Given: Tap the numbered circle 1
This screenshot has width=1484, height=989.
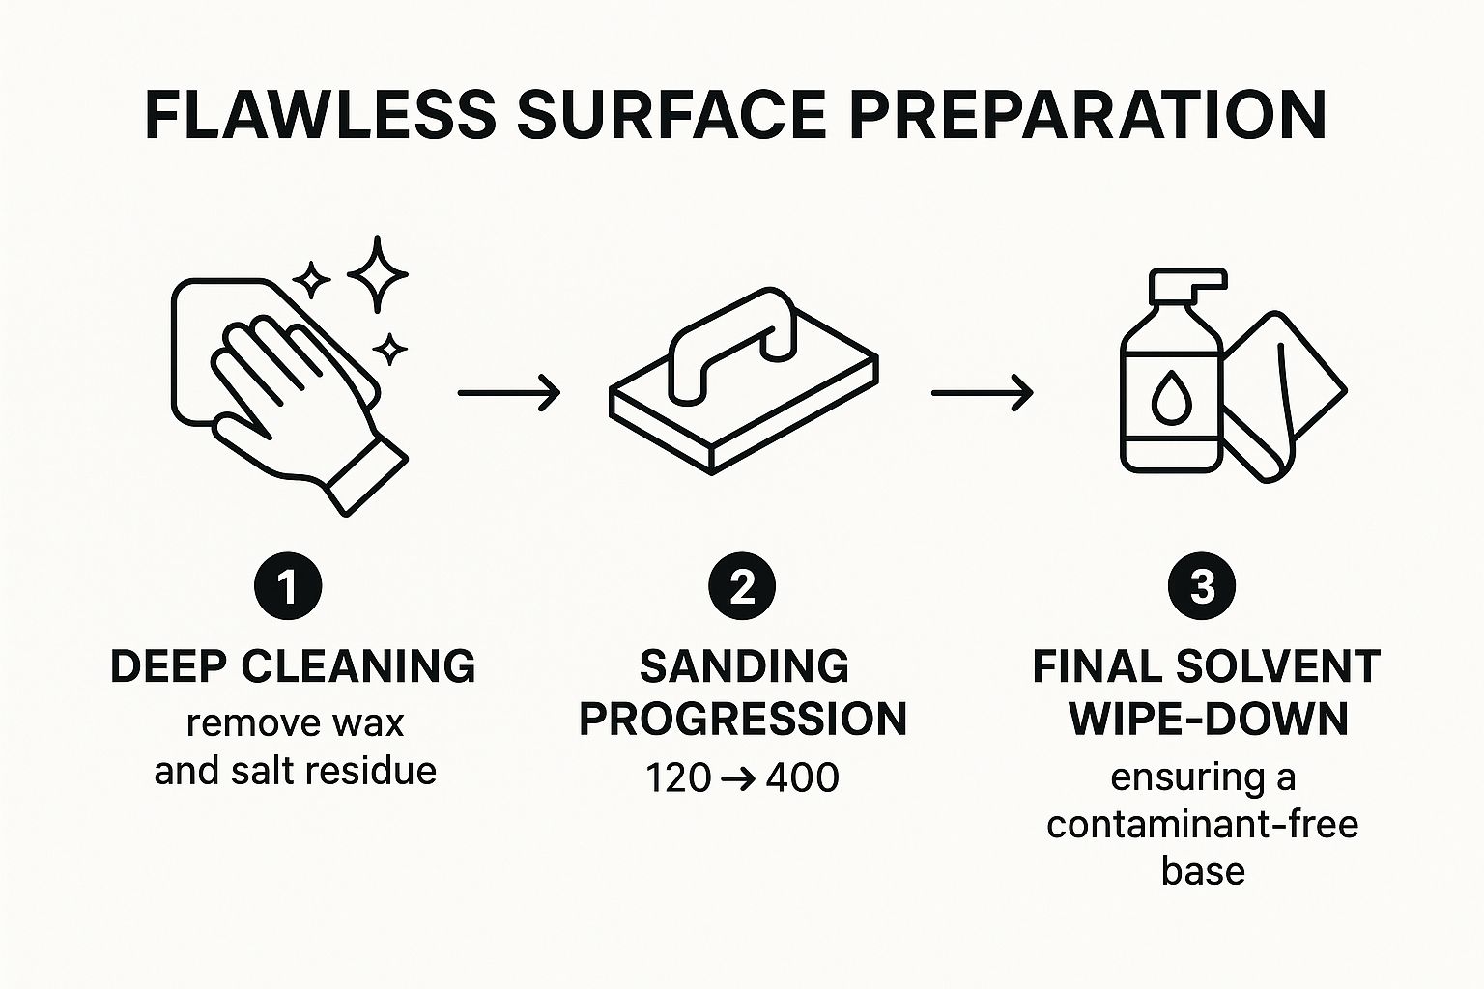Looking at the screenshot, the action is (x=288, y=586).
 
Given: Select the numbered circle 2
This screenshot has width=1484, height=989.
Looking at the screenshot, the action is (x=742, y=586).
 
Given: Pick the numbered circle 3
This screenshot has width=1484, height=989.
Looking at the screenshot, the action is (x=1202, y=586).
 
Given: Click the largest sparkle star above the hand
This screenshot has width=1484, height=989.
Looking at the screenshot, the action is (x=378, y=273).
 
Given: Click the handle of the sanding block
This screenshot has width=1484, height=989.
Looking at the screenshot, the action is (x=732, y=346).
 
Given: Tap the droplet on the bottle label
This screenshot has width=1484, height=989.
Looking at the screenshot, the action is (x=1169, y=398).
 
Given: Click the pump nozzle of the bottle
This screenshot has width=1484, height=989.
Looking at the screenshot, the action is (x=1188, y=286).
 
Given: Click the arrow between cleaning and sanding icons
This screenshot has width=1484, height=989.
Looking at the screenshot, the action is (x=509, y=393).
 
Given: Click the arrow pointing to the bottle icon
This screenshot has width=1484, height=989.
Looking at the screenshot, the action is (x=983, y=393).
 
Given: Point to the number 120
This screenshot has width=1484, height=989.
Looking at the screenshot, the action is (x=677, y=777).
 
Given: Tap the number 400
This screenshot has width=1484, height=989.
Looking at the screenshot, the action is (x=802, y=777).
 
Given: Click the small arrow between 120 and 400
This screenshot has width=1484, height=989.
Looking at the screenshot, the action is (x=737, y=778).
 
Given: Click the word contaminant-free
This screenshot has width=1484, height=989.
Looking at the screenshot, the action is (x=1203, y=825).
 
